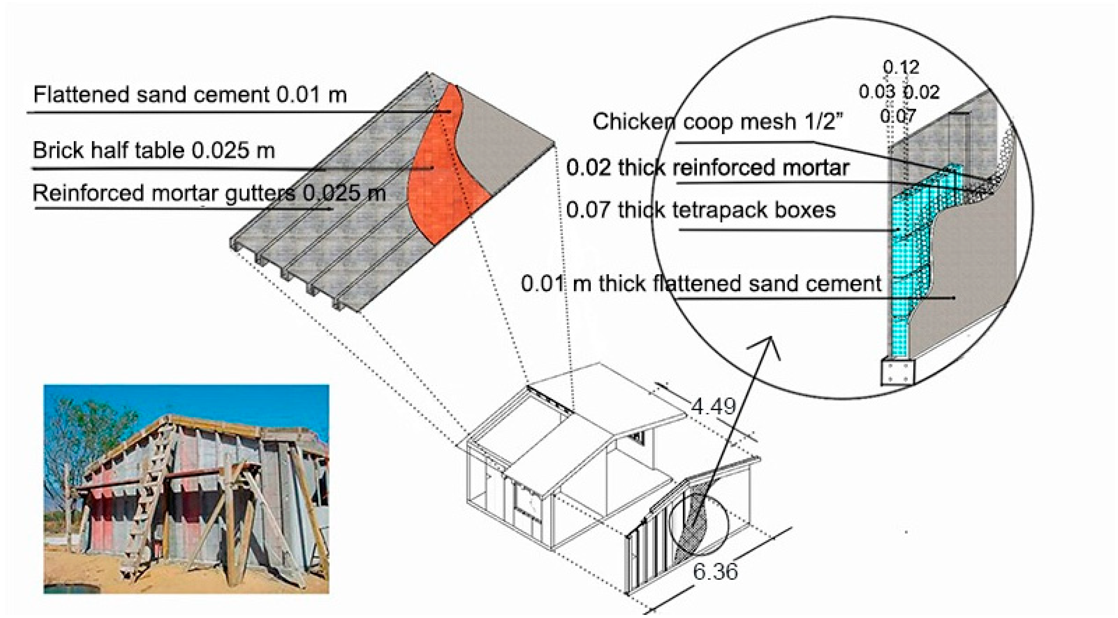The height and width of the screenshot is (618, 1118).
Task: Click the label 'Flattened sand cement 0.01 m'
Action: [x=190, y=95]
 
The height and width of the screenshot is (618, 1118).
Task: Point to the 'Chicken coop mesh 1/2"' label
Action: [x=718, y=122]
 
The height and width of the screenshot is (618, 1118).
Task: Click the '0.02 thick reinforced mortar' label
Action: [x=707, y=168]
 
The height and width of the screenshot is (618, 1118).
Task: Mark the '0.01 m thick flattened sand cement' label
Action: [x=701, y=284]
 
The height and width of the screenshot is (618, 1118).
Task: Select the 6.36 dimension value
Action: [x=715, y=571]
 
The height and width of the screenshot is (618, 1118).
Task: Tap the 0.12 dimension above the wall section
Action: [x=901, y=67]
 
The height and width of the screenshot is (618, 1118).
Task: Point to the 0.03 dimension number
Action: [x=877, y=92]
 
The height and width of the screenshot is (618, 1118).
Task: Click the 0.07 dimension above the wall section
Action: [x=898, y=116]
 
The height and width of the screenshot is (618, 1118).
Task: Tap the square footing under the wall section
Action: [x=898, y=372]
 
